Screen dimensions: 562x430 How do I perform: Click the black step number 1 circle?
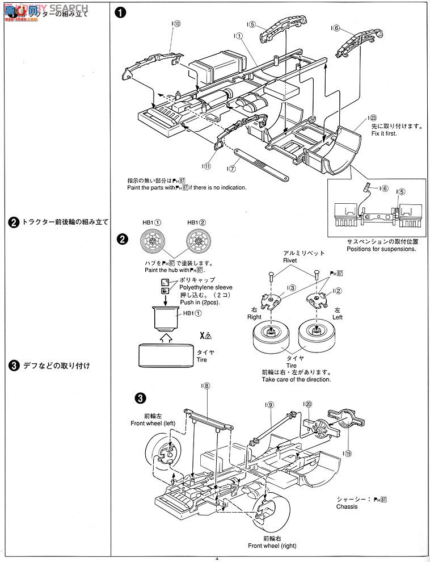click(x=120, y=14)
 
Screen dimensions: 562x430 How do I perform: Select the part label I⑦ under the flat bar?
click(x=231, y=169)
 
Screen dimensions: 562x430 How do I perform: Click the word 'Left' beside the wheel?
click(x=337, y=317)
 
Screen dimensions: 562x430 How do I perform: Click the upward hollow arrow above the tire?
click(x=165, y=338)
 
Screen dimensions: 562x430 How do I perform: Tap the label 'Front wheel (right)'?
click(x=271, y=546)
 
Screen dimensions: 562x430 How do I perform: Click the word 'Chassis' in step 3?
click(x=347, y=506)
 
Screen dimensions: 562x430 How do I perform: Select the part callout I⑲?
click(x=347, y=453)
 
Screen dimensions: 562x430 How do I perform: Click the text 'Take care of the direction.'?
click(x=296, y=379)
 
